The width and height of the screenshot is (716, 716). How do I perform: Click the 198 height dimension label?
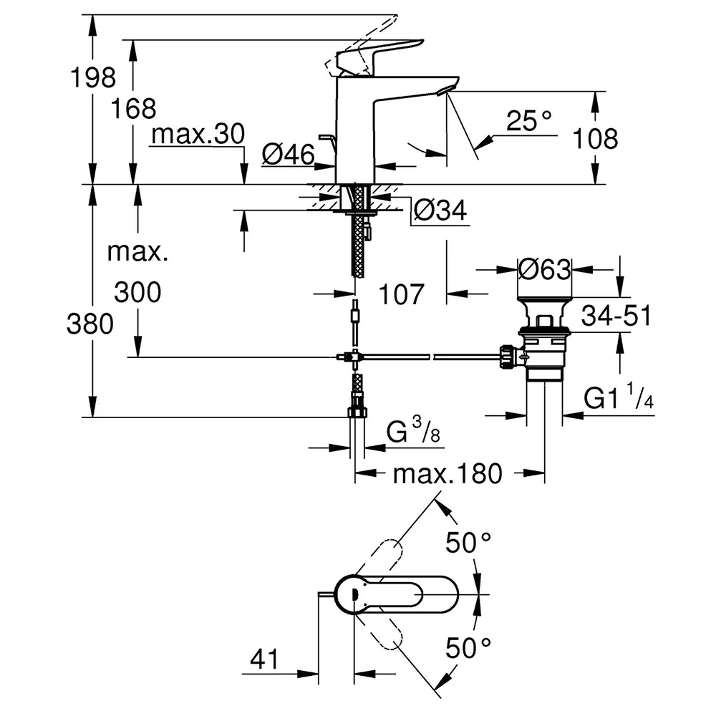93,77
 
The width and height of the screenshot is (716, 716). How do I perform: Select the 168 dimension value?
133,109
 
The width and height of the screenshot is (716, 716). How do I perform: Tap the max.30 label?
198,134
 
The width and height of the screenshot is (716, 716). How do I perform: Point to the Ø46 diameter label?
288,154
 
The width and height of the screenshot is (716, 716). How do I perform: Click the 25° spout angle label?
529,120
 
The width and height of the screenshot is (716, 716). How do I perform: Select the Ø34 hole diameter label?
440,211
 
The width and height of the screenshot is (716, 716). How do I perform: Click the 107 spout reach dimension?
402,294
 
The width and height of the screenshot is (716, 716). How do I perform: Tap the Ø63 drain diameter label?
544,269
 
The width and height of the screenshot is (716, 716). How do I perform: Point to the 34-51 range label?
616,316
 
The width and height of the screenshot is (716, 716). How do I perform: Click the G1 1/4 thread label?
619,397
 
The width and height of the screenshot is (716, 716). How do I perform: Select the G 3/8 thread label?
413,430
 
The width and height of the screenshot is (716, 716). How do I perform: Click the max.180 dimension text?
447,474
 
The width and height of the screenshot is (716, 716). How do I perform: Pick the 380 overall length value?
90,324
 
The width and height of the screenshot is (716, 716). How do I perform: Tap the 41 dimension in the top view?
264,659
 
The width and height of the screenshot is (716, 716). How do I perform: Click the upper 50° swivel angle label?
468,543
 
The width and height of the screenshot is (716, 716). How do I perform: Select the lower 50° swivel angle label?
468,648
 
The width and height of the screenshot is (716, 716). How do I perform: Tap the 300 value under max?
137,292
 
